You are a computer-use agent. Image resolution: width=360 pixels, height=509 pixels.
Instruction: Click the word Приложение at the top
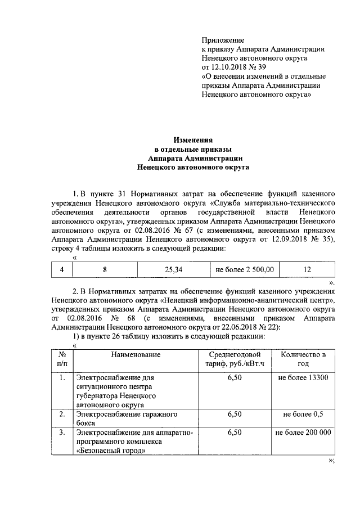coord(223,40)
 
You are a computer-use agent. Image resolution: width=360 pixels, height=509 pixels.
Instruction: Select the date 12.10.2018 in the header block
coord(230,67)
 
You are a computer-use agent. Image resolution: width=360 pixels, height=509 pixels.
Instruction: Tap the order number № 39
coord(258,67)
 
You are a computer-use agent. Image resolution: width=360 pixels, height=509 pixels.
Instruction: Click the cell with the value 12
coord(307,270)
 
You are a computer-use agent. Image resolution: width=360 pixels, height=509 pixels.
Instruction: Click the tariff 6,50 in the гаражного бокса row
coord(235,415)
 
